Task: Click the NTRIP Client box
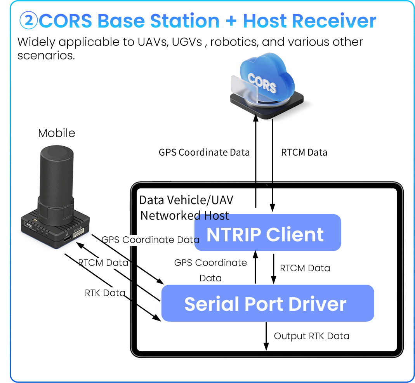267,233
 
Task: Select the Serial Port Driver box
267,303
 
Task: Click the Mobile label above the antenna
57,133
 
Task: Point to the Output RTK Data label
311,336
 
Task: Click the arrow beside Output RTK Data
266,336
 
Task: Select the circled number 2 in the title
28,21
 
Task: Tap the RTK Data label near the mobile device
105,293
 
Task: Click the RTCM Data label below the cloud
304,153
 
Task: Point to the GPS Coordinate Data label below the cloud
204,153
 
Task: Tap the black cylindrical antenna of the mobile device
56,179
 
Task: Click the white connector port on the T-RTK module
80,234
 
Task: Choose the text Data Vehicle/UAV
186,200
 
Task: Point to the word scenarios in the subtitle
46,55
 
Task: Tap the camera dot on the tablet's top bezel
267,185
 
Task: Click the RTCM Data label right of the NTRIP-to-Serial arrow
305,268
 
